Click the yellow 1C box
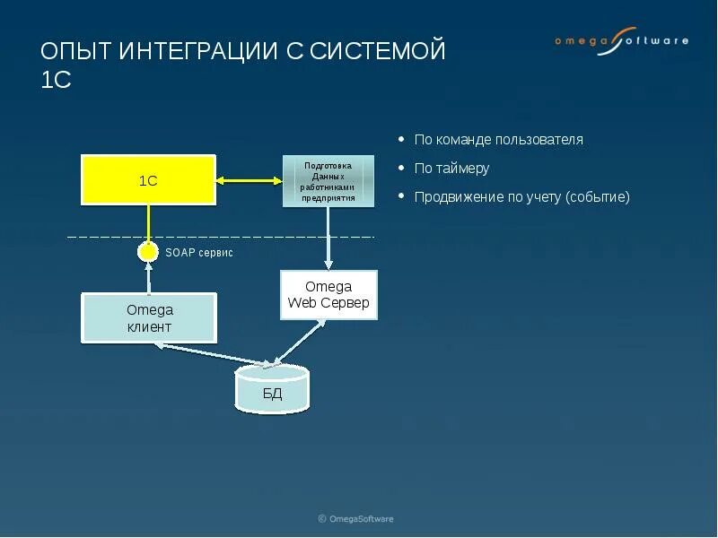(148, 179)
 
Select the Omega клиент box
(149, 317)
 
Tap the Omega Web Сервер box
(328, 295)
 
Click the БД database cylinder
(271, 391)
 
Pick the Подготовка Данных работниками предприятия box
(328, 181)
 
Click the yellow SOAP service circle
(148, 252)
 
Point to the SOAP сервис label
(199, 253)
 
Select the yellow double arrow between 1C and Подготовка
(249, 180)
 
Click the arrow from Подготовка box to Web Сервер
(328, 238)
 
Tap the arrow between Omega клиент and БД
(211, 356)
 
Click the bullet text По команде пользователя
(498, 140)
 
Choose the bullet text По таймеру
(451, 169)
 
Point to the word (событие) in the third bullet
(598, 197)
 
